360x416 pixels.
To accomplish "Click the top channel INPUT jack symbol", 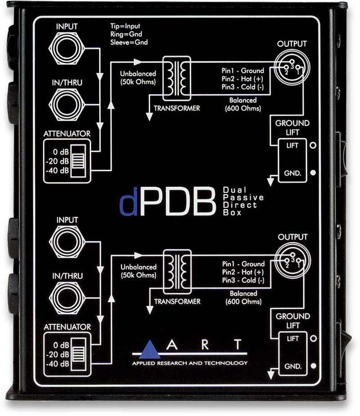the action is click(67, 49).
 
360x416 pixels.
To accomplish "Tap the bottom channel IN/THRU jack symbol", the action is click(67, 298).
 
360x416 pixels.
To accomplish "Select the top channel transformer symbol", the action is click(177, 78).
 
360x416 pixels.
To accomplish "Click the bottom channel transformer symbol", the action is click(177, 271).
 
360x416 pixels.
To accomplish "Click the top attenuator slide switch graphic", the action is click(78, 161).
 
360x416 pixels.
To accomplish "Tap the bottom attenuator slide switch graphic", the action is click(79, 354).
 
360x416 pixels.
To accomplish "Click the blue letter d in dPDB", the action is click(129, 202).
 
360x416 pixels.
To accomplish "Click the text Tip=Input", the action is click(125, 26).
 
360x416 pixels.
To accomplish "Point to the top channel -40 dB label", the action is click(57, 171).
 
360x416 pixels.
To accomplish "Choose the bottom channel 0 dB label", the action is click(61, 345).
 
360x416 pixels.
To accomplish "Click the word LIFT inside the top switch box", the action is click(292, 145).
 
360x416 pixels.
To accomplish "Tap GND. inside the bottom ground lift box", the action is click(293, 366).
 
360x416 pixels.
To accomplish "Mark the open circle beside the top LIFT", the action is click(313, 145).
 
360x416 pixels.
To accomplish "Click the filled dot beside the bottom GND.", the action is click(314, 366).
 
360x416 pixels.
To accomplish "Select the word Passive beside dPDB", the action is click(243, 197).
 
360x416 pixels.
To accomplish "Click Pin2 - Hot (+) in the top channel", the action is click(243, 79).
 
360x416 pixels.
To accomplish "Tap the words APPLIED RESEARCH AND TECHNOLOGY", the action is click(190, 363).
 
